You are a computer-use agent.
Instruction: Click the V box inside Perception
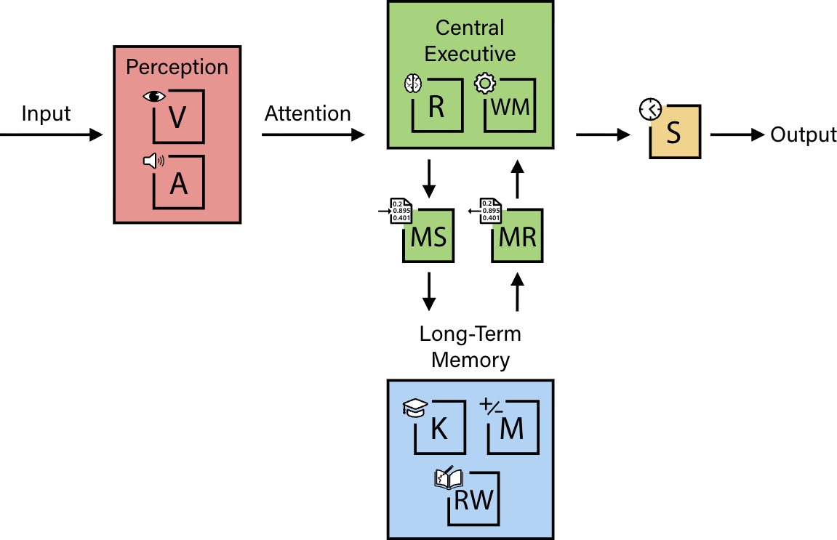(178, 118)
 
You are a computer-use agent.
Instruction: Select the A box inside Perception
(178, 183)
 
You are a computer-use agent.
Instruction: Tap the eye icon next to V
(155, 96)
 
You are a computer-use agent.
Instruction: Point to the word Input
(46, 114)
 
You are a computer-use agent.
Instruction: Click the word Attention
(308, 114)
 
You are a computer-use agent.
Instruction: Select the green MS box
(429, 236)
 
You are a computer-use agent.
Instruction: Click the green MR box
(518, 236)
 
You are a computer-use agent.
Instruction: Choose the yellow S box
(675, 133)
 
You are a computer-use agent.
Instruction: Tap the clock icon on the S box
(649, 110)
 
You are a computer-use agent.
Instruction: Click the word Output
(804, 135)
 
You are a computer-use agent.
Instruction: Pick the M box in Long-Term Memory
(513, 429)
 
